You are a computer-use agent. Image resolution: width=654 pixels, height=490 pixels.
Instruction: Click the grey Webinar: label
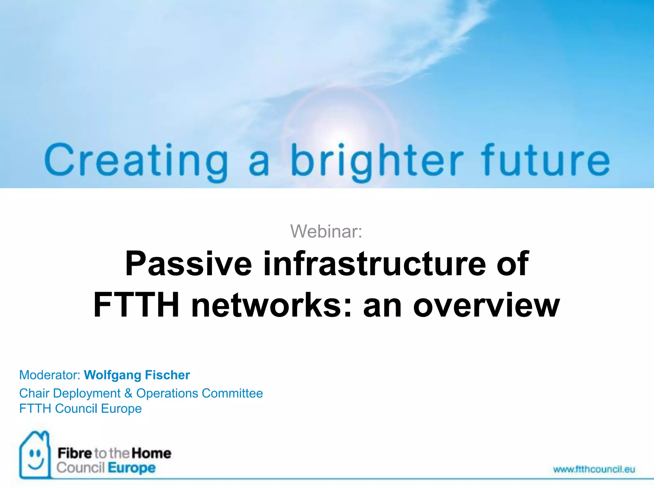[326, 231]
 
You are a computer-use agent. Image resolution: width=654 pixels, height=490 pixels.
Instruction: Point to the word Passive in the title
[189, 264]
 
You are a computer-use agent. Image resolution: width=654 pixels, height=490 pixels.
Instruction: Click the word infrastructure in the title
[374, 264]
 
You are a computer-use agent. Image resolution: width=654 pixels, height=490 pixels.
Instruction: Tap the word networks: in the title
[271, 306]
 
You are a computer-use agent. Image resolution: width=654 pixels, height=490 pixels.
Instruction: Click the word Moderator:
[50, 375]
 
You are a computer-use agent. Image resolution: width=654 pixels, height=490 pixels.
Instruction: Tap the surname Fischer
[168, 375]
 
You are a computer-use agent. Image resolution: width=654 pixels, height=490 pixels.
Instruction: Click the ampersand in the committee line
[128, 393]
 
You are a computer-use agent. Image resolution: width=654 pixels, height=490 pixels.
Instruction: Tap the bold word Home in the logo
[151, 453]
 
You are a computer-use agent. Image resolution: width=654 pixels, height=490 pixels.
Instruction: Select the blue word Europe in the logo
[132, 468]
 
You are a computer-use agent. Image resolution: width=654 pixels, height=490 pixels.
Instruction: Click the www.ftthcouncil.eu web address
[594, 469]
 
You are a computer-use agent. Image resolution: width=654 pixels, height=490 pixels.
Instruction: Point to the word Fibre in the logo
[75, 453]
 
